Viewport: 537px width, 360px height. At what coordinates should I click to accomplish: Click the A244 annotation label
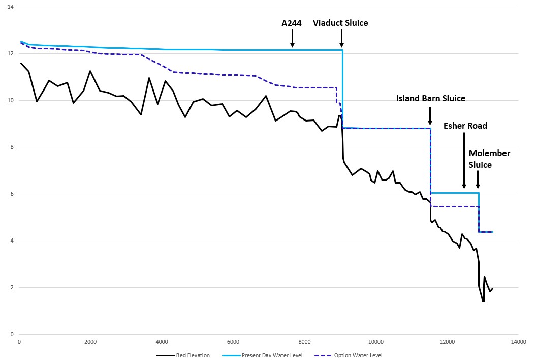pyautogui.click(x=292, y=23)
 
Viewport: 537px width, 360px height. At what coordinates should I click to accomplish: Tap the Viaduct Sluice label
pyautogui.click(x=340, y=23)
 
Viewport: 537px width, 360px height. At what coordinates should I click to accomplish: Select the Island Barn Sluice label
pyautogui.click(x=430, y=98)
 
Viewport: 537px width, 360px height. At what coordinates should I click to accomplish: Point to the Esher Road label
pyautogui.click(x=465, y=126)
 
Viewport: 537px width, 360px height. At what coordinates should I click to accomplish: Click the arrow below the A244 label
pyautogui.click(x=292, y=38)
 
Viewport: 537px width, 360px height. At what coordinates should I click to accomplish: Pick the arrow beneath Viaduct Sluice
pyautogui.click(x=341, y=38)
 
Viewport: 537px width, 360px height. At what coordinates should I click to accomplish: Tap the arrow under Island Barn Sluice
pyautogui.click(x=430, y=115)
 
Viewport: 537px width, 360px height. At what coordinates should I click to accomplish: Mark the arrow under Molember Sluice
pyautogui.click(x=478, y=181)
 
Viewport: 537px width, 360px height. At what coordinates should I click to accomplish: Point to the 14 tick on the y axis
pyautogui.click(x=11, y=7)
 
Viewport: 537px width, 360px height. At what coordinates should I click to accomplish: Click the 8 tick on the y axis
pyautogui.click(x=12, y=147)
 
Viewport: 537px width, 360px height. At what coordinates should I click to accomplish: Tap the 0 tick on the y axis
pyautogui.click(x=12, y=334)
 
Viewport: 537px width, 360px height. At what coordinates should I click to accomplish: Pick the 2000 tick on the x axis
pyautogui.click(x=90, y=341)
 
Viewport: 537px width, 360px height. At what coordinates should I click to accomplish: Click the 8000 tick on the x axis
pyautogui.click(x=305, y=341)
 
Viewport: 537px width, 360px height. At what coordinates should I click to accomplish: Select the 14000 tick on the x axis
pyautogui.click(x=519, y=341)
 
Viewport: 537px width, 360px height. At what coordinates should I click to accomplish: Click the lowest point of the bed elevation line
pyautogui.click(x=483, y=301)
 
